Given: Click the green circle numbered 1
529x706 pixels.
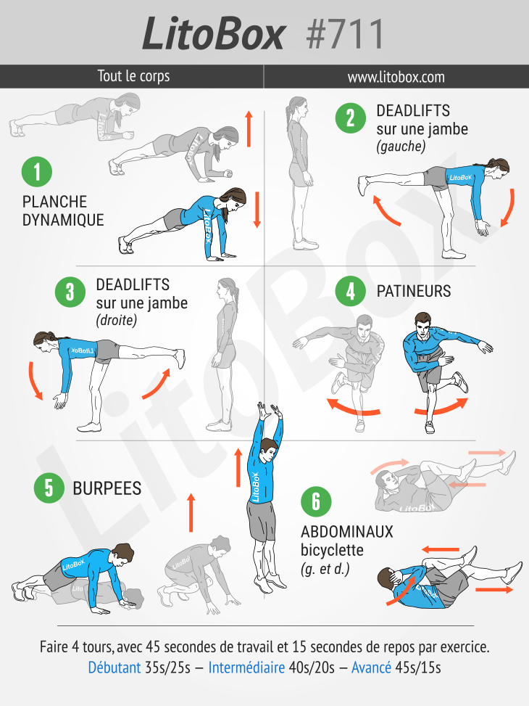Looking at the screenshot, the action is point(37,171).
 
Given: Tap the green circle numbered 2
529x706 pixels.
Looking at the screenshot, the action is point(351,118).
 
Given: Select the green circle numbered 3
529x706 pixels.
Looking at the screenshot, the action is point(70,292).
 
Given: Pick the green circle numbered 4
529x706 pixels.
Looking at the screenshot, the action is point(351,291).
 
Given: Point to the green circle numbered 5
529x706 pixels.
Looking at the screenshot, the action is point(49,488).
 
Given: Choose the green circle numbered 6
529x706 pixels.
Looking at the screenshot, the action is point(316,501).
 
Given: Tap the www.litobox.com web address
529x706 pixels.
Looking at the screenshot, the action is point(396,77).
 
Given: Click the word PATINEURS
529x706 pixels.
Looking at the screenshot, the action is point(413,291).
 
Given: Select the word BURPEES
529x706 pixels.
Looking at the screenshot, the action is point(107,488).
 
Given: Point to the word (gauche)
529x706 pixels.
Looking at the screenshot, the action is point(401,147).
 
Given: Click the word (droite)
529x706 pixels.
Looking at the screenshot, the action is point(117,320).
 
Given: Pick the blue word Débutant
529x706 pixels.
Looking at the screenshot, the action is point(114,668).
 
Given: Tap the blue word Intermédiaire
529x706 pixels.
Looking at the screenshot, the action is point(246,668).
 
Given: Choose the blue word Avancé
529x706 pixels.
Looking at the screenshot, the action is point(371,668).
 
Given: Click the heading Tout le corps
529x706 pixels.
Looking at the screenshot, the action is point(133,76).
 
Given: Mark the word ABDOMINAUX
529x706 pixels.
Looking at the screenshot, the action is point(347,532).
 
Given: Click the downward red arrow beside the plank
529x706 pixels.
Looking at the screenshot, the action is point(257,210).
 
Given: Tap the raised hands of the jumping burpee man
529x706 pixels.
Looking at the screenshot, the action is point(269,411).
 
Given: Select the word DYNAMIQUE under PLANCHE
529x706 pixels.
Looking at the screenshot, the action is point(63,220).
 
